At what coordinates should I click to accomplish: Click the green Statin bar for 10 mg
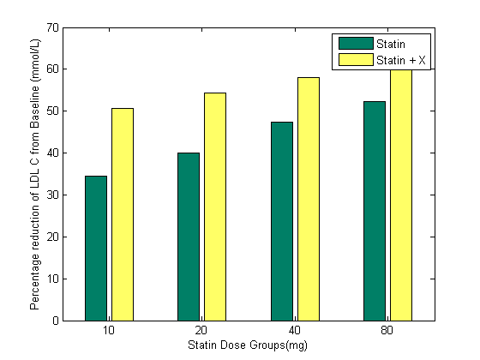[x=96, y=248]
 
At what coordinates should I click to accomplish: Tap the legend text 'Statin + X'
[x=400, y=59]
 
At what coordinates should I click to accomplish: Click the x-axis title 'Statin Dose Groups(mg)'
[x=248, y=345]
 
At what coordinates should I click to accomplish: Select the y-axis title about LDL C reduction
[x=35, y=174]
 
